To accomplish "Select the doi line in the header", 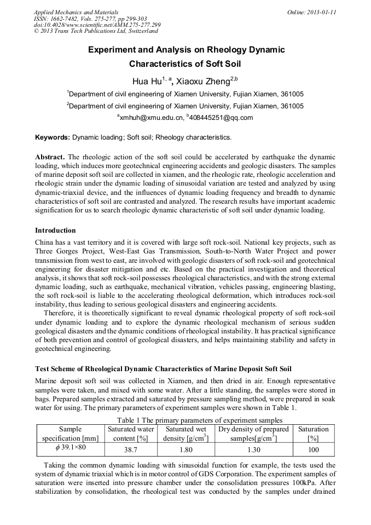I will tap(97, 25).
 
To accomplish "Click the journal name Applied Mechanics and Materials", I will tap(76, 11).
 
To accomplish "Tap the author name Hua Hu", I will tap(148, 82).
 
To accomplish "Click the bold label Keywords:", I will tap(53, 137).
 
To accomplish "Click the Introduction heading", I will tap(55, 230).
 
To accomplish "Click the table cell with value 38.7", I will tap(130, 449).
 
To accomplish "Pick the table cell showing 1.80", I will tap(185, 449).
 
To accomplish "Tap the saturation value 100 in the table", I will tap(313, 449).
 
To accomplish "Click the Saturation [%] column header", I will tap(313, 434).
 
